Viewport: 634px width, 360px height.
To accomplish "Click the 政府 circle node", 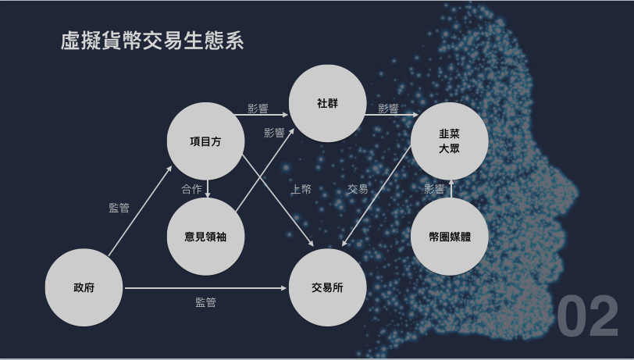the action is point(84,287).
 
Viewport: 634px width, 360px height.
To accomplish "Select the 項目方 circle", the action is point(206,141).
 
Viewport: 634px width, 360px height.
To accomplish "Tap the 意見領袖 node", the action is point(206,236).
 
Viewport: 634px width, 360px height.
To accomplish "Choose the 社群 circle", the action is point(328,103).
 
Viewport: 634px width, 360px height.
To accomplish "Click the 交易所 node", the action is point(328,287).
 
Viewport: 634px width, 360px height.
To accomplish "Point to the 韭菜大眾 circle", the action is point(449,141).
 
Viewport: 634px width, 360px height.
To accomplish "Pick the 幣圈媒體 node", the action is point(449,236).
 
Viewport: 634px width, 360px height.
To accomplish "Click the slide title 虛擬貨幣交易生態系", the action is point(152,41).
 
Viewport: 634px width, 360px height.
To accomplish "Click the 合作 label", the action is point(191,188).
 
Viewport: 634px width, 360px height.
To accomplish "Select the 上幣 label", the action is point(301,189).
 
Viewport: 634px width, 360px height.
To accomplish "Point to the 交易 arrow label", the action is point(358,189).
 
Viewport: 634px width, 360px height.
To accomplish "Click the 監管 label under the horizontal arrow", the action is point(205,302).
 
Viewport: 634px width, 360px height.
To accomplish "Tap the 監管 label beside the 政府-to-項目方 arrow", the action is point(119,208).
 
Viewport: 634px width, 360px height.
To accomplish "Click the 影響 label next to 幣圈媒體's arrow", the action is point(434,188).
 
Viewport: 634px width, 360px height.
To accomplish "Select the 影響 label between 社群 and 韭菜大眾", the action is point(388,109).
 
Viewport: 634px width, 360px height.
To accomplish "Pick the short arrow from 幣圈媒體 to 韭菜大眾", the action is point(451,188).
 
